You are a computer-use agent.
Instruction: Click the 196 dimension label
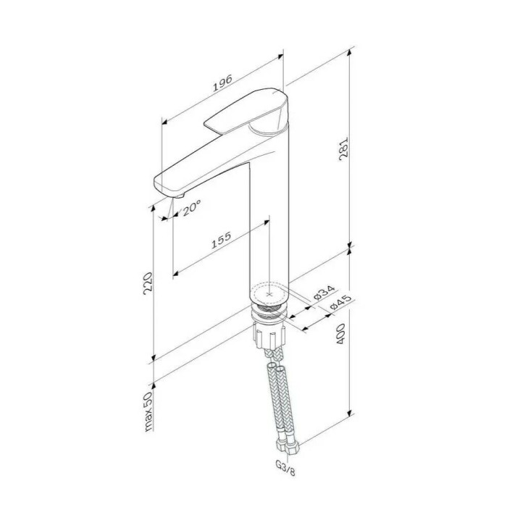coord(222,83)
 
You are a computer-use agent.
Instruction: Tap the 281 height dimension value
coord(343,149)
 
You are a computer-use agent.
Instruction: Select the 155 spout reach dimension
coord(221,240)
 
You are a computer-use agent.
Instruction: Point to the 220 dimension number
coord(148,283)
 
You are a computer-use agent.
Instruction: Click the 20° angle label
coord(191,207)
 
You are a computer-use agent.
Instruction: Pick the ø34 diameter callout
coord(324,292)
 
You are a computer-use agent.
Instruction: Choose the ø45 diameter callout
coord(340,303)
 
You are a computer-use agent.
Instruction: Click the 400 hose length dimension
coord(341,333)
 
